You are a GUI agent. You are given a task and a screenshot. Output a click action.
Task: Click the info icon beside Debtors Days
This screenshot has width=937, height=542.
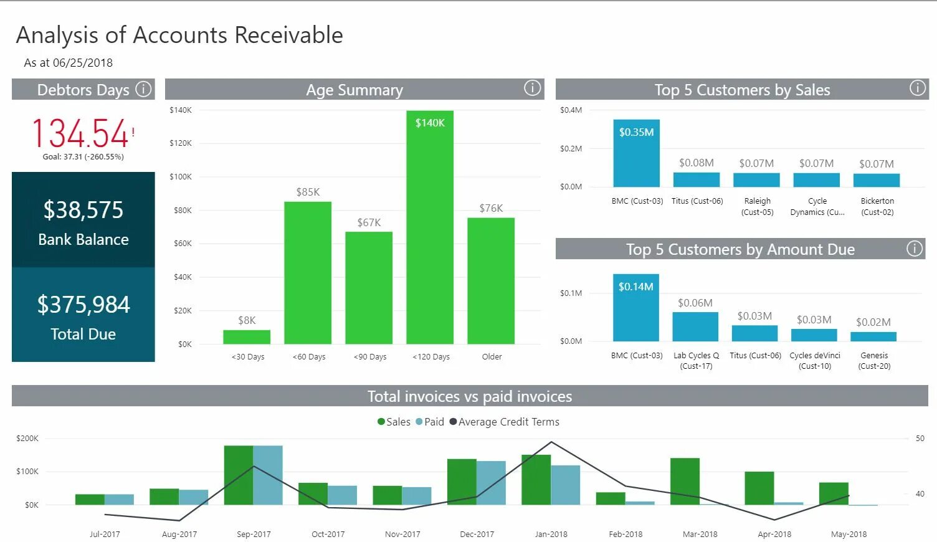143,89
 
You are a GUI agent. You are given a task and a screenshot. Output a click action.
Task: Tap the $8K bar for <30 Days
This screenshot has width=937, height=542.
247,337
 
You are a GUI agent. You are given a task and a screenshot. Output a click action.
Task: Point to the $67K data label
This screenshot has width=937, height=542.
369,222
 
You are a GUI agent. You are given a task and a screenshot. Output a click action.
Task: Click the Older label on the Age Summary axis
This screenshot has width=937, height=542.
492,357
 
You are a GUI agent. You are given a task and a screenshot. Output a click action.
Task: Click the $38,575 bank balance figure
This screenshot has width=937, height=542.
83,210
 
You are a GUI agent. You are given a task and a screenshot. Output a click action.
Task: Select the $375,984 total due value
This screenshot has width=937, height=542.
83,305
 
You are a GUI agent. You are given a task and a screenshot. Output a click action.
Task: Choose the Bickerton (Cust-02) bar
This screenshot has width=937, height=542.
877,180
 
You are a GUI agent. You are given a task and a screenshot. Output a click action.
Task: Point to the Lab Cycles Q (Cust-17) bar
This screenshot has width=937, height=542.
695,326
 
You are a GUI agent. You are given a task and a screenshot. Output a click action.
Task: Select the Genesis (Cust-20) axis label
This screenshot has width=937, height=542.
874,361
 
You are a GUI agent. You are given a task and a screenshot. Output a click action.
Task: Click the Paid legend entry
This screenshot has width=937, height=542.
430,422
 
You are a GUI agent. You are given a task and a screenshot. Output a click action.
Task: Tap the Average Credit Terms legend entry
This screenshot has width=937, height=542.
504,422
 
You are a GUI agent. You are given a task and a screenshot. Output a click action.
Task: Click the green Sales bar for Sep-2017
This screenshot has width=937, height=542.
239,475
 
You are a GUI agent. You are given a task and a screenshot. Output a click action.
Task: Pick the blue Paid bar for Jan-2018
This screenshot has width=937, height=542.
566,485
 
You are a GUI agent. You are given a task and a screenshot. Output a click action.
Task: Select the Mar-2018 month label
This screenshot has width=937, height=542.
700,535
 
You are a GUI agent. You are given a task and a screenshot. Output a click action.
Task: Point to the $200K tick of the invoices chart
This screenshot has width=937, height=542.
27,439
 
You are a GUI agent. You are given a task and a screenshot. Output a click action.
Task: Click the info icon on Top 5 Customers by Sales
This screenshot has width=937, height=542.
917,88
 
